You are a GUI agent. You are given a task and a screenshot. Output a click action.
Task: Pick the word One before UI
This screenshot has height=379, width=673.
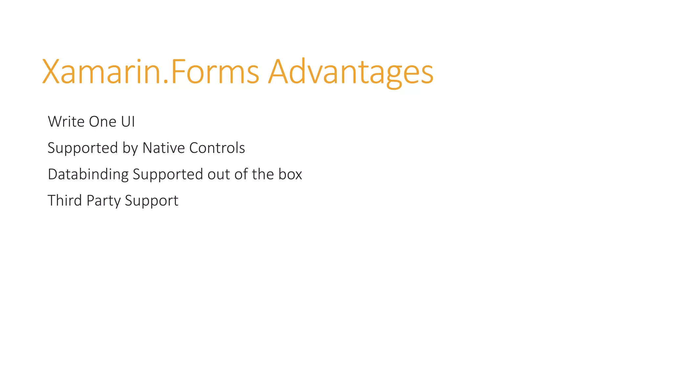(103, 122)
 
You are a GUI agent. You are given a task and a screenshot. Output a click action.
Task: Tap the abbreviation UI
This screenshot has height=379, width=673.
(128, 122)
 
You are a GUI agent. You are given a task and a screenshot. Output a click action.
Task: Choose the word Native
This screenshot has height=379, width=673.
(164, 148)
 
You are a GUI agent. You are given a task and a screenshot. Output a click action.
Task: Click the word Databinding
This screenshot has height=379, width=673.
(88, 174)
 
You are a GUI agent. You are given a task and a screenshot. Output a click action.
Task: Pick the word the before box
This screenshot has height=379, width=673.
(263, 174)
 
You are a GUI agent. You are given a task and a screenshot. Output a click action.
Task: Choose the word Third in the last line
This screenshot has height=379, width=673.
(65, 201)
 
